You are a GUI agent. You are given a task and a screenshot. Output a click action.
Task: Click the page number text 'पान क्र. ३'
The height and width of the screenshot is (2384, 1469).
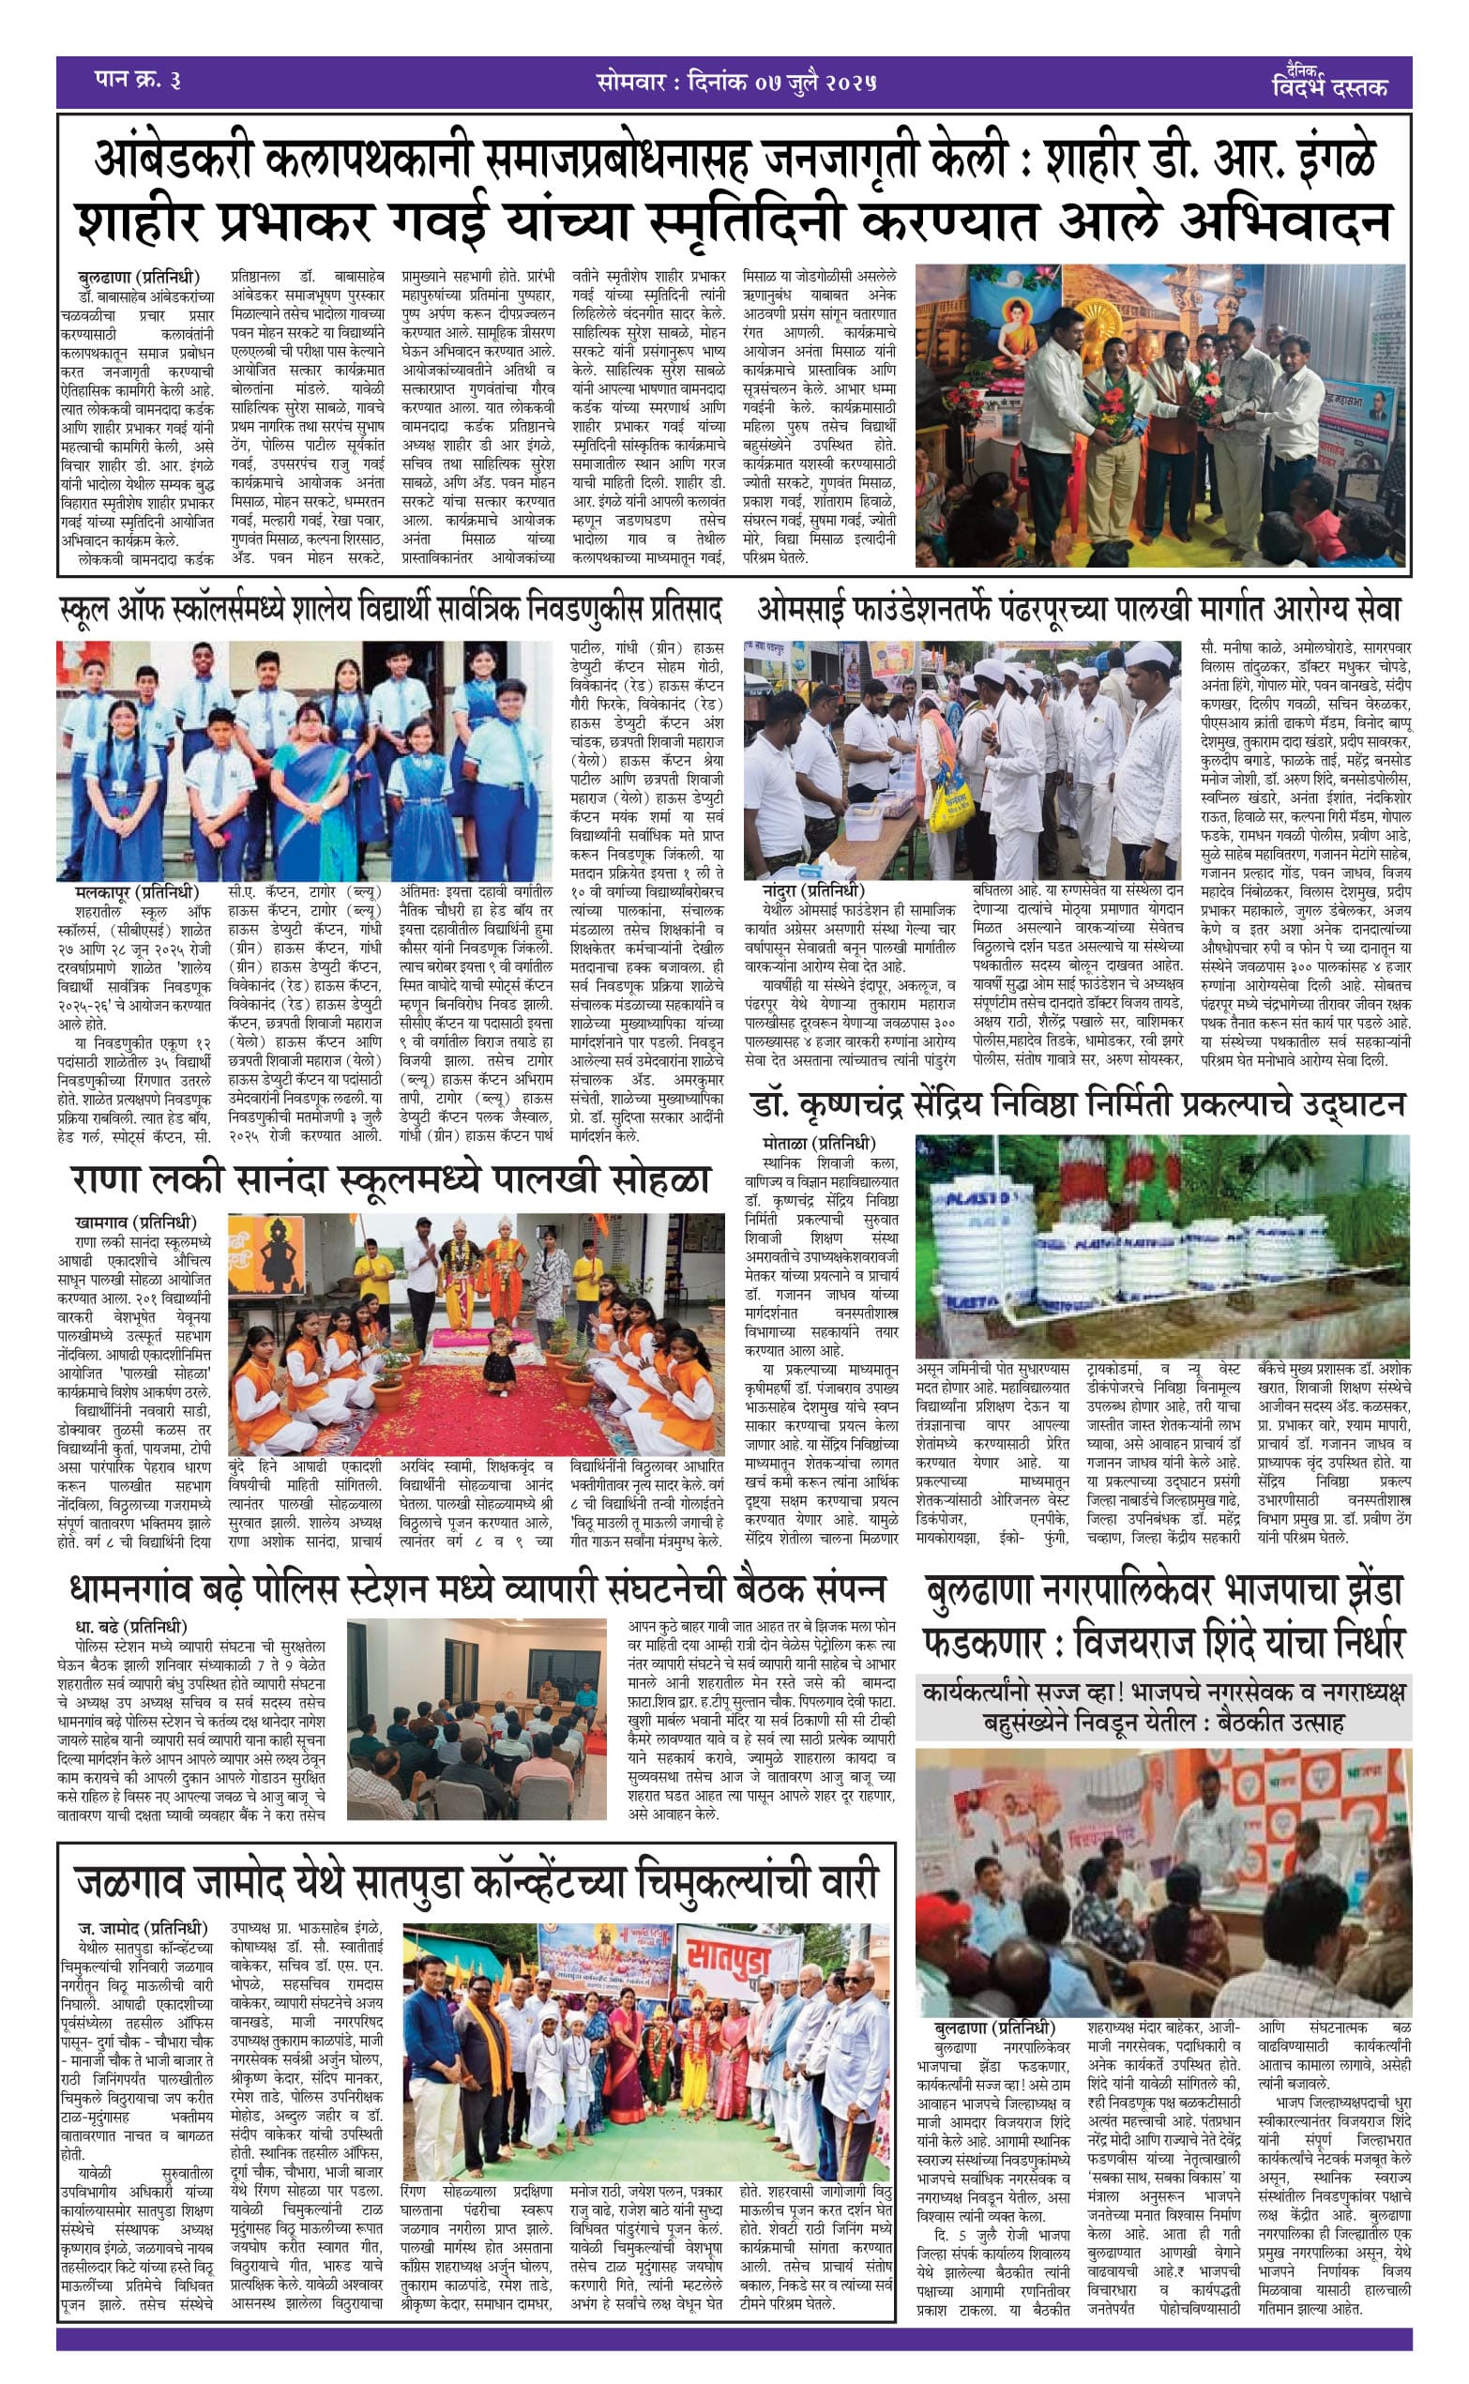(x=138, y=81)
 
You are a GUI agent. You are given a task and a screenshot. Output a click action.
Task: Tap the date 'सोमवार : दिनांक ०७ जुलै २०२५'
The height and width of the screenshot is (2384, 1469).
(x=736, y=83)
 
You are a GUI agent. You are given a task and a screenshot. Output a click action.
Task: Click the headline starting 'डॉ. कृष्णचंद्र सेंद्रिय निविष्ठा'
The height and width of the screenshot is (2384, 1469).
(x=1079, y=1104)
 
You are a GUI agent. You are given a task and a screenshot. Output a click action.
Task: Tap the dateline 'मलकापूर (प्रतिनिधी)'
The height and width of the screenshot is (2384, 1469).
(x=136, y=891)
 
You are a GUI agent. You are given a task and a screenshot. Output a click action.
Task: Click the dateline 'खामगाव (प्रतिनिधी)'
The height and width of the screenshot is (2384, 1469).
(x=135, y=1222)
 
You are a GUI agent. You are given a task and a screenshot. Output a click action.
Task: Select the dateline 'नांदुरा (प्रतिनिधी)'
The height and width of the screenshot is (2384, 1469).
(x=813, y=891)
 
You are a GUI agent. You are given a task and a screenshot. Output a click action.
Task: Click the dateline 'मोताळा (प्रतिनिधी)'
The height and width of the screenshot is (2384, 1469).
(x=819, y=1144)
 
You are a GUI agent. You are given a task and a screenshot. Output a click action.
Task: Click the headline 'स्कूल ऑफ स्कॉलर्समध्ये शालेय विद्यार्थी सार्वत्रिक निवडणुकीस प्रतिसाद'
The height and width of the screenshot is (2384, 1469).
(x=390, y=610)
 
